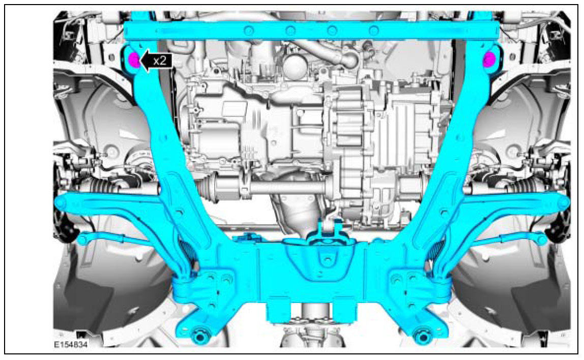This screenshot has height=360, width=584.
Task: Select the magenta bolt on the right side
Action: click(489, 59)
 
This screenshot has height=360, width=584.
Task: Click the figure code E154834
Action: click(71, 345)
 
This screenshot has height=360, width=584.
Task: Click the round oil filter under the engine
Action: click(294, 67)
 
